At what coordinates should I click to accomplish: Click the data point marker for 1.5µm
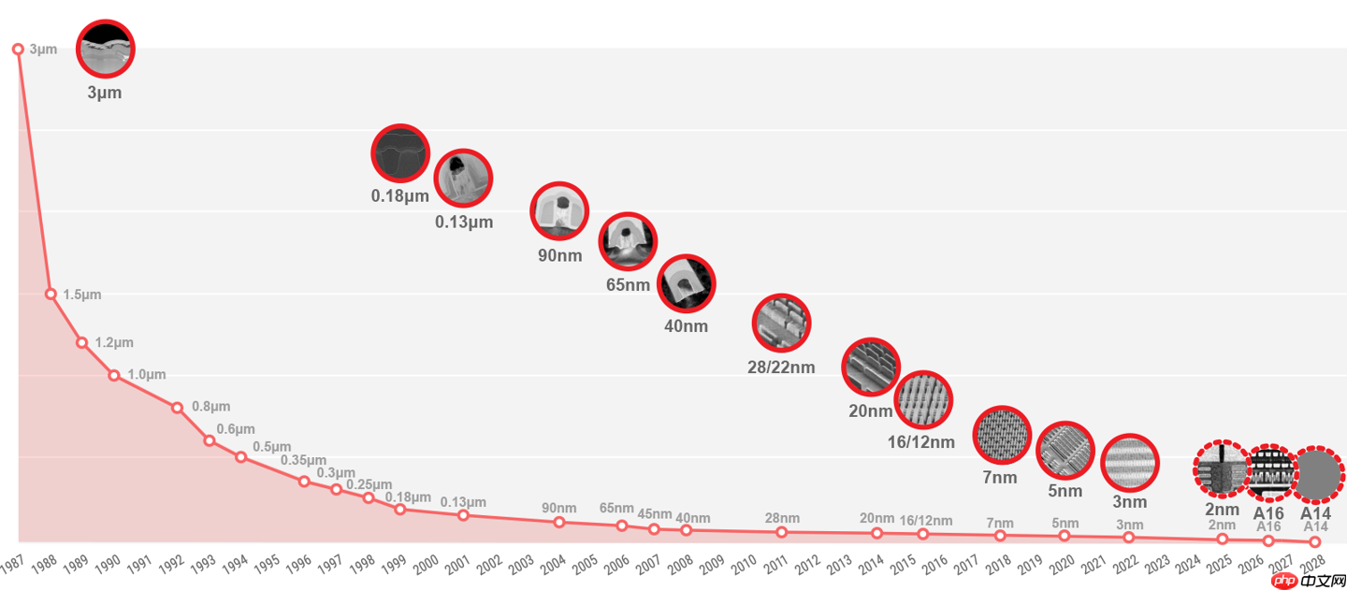tap(51, 294)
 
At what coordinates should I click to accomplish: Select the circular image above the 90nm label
tap(559, 213)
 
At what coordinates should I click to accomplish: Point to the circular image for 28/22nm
tap(781, 323)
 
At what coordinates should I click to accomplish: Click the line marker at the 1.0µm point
tap(113, 375)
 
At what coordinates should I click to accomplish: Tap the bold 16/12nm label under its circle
tap(920, 442)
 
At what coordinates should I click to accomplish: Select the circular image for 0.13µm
tap(463, 178)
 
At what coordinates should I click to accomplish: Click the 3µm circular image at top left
tap(105, 48)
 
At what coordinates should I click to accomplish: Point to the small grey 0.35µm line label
tap(303, 461)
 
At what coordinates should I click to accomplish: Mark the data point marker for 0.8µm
tap(177, 408)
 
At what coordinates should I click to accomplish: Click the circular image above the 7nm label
tap(1002, 435)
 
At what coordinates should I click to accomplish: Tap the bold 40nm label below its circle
tap(686, 326)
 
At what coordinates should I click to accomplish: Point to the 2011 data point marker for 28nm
tap(781, 532)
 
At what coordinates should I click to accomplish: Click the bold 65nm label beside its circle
tap(628, 284)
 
